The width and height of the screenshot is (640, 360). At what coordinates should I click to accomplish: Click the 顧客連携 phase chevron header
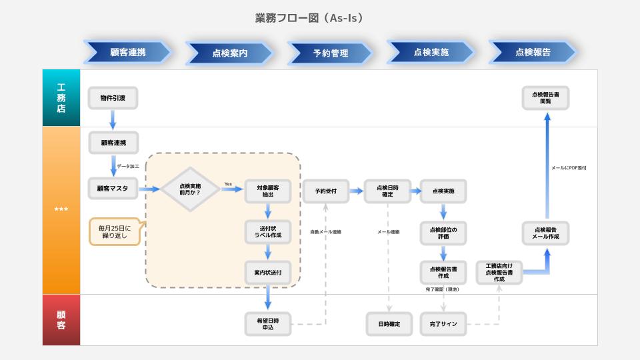pos(127,52)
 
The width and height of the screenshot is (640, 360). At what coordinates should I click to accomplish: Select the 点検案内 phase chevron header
pos(229,53)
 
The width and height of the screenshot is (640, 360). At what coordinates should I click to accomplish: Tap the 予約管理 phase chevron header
pos(330,53)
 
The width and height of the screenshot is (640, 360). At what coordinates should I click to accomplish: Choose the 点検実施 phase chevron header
pos(431,52)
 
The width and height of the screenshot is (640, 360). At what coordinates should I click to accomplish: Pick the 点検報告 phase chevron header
pos(533,52)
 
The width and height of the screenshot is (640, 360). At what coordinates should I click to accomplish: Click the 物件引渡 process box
pos(113,98)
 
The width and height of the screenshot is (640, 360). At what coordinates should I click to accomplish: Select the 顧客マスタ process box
pos(113,189)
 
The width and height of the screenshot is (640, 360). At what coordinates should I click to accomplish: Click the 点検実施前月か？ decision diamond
pos(190,189)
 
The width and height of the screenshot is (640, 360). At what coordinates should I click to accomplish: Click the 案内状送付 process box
pos(267,272)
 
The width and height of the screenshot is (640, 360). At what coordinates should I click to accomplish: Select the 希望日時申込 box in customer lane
pos(267,324)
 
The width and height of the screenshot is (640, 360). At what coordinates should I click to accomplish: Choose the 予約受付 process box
pos(326,191)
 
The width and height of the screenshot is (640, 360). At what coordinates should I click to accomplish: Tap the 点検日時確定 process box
pos(387,191)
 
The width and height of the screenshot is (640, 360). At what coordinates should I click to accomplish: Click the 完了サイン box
pos(443,324)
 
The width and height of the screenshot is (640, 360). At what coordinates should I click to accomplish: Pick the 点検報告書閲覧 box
pos(545,98)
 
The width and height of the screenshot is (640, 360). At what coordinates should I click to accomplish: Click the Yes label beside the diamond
pos(228,184)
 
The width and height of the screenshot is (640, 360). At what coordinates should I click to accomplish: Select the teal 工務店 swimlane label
pos(61,98)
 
